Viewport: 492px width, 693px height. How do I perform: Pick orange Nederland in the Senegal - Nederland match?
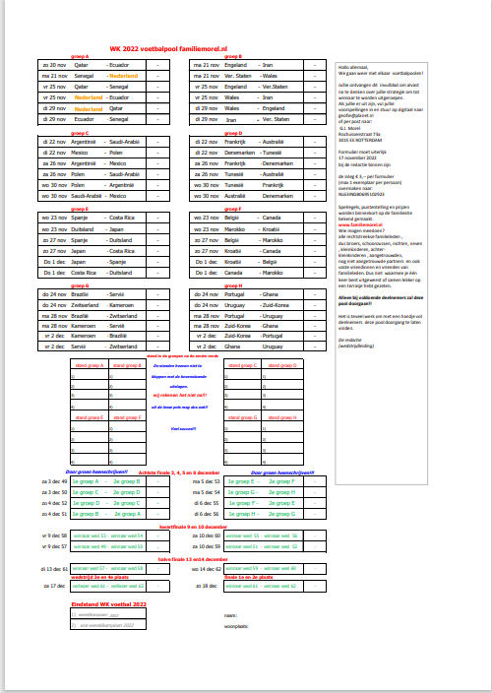124,75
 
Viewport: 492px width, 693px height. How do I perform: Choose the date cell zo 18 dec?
208,585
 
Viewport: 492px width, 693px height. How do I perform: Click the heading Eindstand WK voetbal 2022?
108,602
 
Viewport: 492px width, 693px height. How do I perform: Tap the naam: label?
231,613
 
